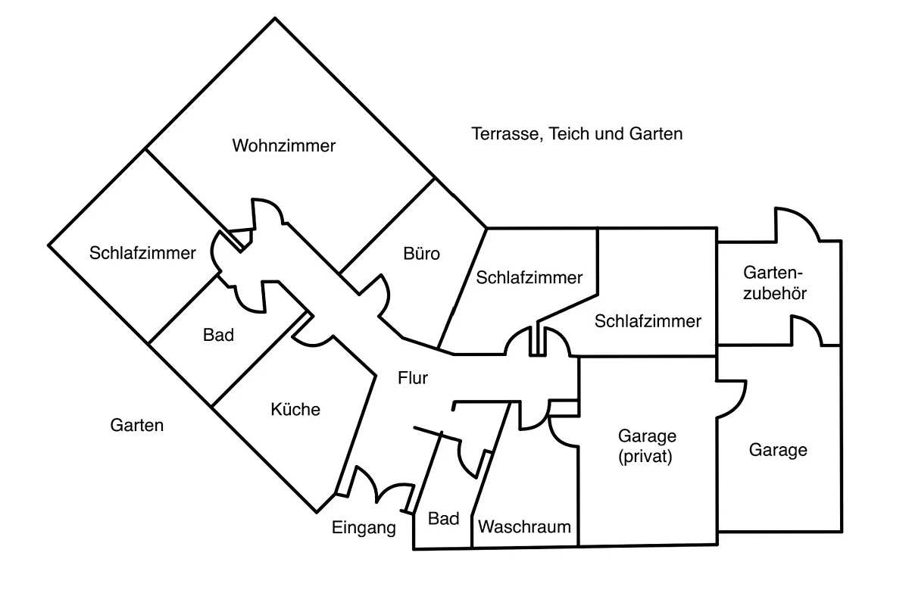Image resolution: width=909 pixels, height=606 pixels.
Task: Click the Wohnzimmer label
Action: pos(283,145)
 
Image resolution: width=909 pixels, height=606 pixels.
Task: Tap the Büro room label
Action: pos(422,254)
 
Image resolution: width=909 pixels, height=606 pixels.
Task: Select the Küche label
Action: pos(295,410)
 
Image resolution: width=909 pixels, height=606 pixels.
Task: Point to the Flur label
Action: pos(413,379)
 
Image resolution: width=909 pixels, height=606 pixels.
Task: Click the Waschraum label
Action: pos(525,526)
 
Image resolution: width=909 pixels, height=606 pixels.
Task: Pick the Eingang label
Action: pos(364,528)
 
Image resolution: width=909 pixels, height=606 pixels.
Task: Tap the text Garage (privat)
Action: pos(647,446)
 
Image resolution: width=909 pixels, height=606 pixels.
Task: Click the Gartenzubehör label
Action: pos(774,282)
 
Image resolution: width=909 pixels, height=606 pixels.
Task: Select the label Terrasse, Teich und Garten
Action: pos(576,134)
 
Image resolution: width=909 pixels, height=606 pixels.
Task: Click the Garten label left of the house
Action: pos(136,425)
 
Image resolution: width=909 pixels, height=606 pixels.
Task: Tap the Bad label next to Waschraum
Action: pos(443,519)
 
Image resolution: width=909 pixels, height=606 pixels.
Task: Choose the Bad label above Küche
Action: pos(218,334)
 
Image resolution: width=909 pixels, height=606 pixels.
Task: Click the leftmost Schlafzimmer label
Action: pos(142,253)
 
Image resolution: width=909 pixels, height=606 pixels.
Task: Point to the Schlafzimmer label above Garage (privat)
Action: pos(648,321)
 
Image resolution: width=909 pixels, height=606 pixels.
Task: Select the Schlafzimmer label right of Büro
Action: pos(529,277)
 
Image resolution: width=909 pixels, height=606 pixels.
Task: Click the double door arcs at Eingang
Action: pos(379,485)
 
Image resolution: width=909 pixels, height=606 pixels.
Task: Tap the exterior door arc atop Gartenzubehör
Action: pos(795,223)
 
